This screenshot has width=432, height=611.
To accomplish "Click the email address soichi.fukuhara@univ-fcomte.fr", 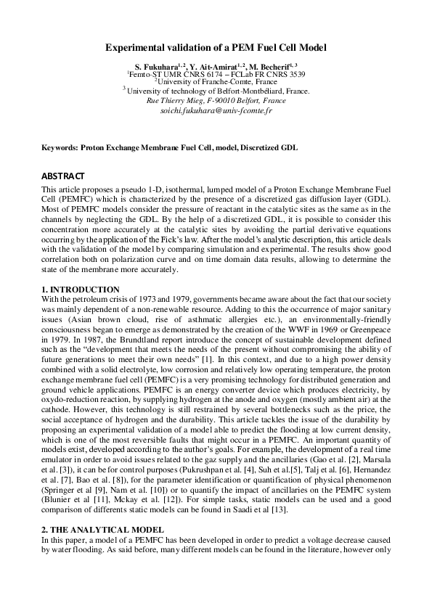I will click(x=216, y=111).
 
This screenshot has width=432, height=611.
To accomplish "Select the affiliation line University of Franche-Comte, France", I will click(x=216, y=82).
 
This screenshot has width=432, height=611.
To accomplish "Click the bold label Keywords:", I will click(x=60, y=147).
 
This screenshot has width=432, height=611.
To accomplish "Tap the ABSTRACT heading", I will click(x=62, y=176).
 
